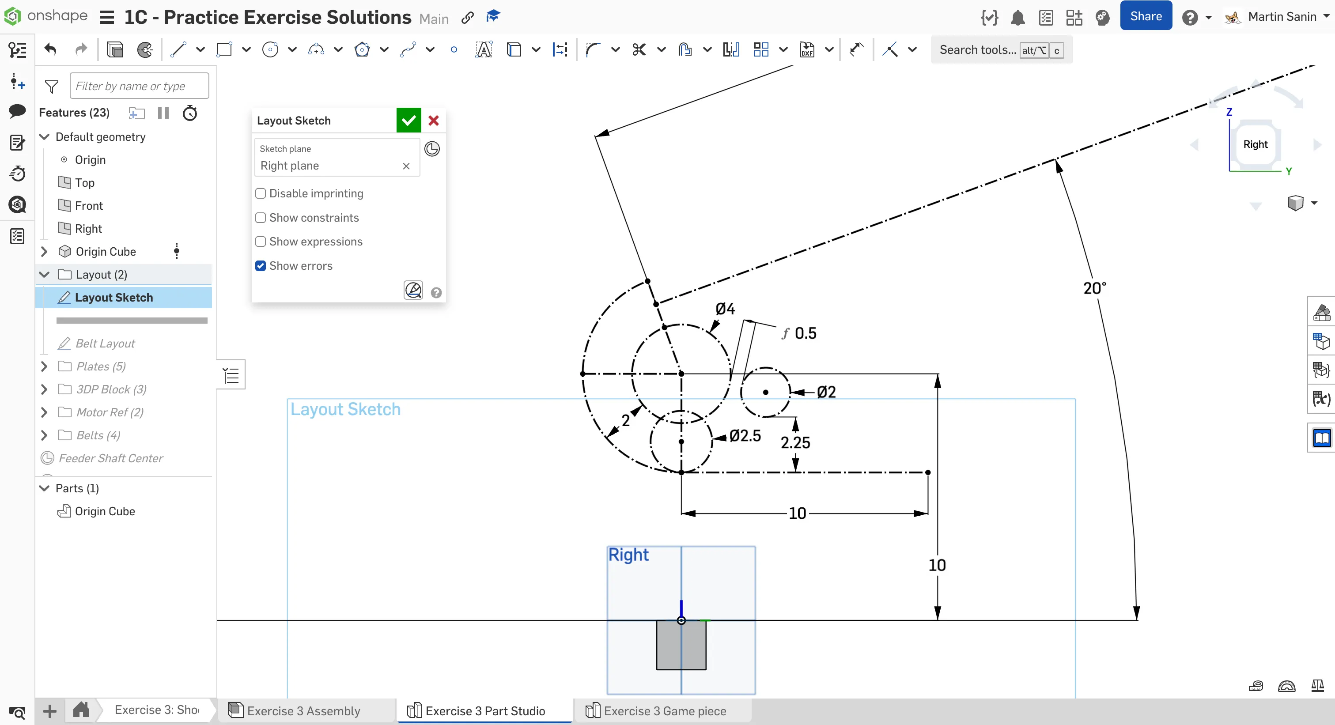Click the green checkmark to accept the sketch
tap(408, 120)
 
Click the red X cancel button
tap(434, 120)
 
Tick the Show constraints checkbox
tap(261, 218)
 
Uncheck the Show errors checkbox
tap(261, 266)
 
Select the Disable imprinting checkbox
tap(261, 193)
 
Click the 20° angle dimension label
tap(1094, 288)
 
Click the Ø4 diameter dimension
tap(725, 309)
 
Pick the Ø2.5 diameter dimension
tap(745, 436)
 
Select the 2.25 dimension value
tap(795, 442)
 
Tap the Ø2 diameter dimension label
tap(826, 392)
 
